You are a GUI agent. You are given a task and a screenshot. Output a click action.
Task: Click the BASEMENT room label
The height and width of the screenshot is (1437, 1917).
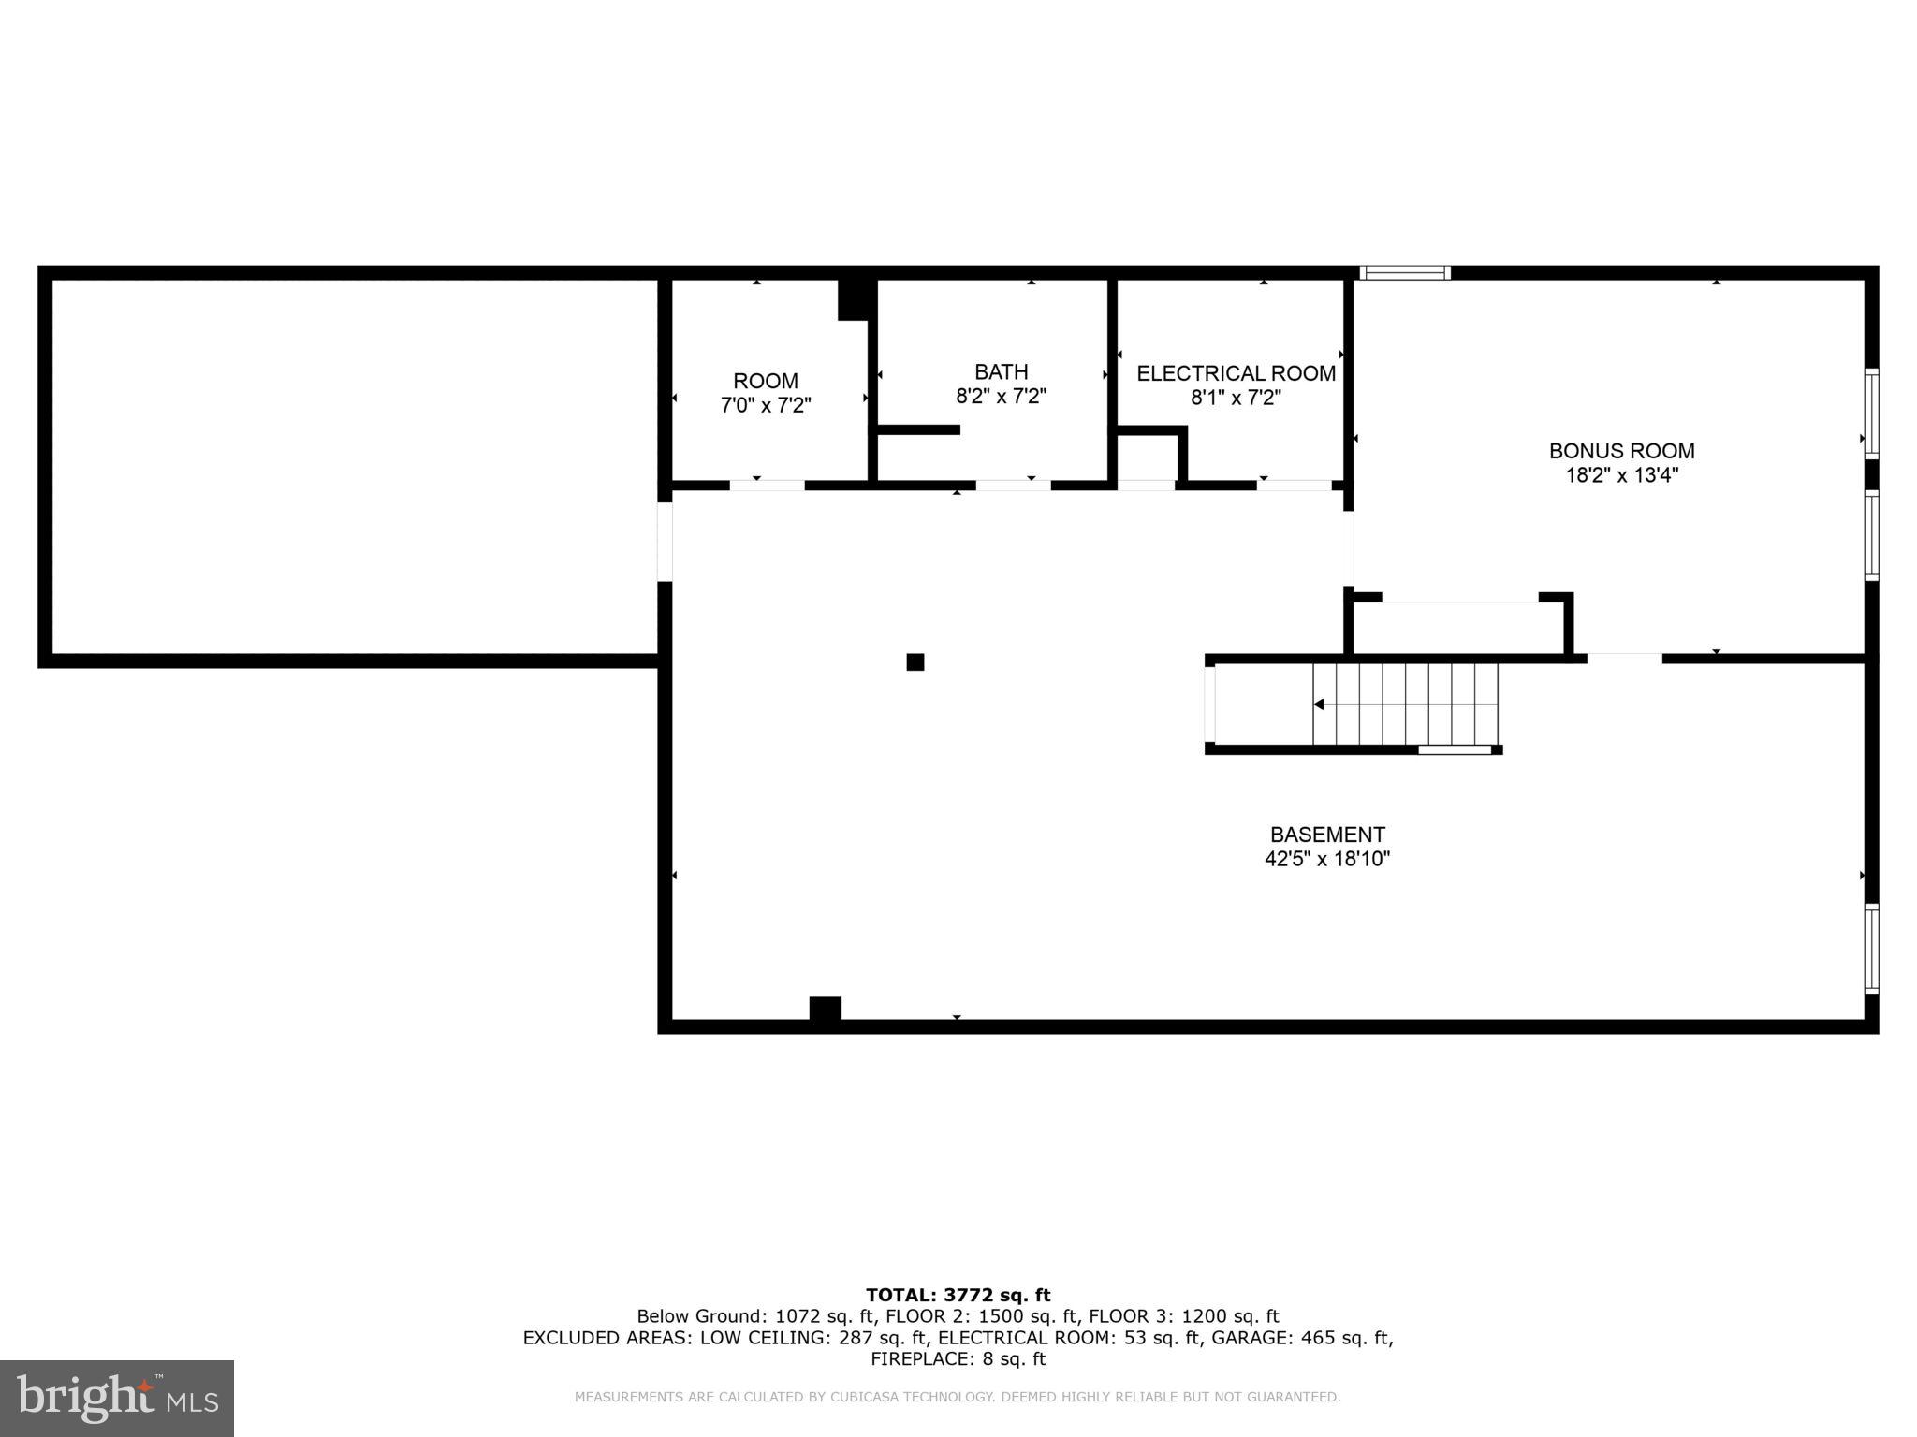pos(1326,835)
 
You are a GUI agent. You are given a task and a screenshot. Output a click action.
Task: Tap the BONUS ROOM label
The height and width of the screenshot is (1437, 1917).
pos(1621,451)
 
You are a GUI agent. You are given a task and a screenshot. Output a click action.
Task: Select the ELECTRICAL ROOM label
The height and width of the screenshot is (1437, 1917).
pos(1236,373)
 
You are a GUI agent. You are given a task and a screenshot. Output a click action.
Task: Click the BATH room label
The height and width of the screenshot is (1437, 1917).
pos(1001,371)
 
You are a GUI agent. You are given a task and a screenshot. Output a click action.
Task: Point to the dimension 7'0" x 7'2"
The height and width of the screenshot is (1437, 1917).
pos(766,405)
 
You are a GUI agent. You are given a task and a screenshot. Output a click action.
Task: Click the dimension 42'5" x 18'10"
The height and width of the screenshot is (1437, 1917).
pos(1326,859)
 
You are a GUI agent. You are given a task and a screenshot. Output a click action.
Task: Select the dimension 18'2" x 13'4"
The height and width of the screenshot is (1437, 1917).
pos(1621,475)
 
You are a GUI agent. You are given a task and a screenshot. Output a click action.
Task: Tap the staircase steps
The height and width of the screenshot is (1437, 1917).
pos(1404,704)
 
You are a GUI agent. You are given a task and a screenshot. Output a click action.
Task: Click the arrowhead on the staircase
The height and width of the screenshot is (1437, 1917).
pos(1319,704)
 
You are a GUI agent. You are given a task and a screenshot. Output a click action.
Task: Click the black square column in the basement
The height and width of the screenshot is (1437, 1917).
pos(915,662)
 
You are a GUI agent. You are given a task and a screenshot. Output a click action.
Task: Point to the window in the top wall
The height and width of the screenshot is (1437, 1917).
pos(1404,273)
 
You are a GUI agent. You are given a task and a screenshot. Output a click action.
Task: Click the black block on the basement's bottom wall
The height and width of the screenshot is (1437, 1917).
pos(825,1009)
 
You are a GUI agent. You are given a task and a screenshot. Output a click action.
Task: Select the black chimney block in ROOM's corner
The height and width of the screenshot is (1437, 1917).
pos(856,299)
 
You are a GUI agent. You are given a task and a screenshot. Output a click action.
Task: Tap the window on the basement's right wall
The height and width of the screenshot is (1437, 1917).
pos(1871,948)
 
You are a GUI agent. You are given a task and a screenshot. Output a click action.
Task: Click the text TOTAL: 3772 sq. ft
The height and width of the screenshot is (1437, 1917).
pos(958,1295)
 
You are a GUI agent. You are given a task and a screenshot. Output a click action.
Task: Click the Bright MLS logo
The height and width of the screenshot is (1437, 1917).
pos(117,1398)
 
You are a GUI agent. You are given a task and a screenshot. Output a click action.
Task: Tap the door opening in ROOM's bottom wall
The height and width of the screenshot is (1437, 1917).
pos(767,486)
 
